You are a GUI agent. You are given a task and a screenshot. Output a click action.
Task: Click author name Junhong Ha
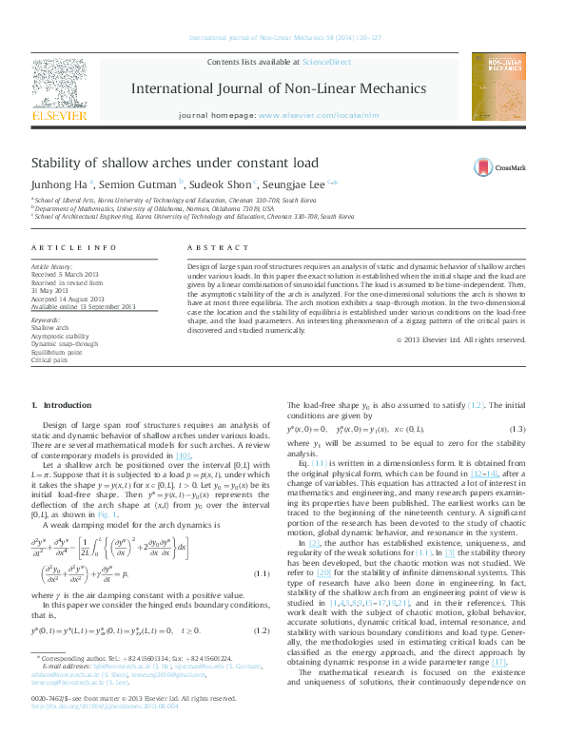tap(60, 185)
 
